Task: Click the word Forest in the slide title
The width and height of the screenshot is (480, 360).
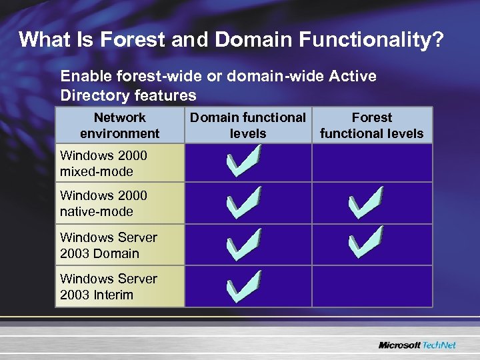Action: pos(135,40)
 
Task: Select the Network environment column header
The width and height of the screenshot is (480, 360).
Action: pos(119,125)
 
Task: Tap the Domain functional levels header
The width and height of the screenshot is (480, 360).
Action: pos(248,125)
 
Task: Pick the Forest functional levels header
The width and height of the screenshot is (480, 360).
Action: pos(371,125)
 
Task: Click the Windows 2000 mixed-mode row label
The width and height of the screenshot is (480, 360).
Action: pos(103,163)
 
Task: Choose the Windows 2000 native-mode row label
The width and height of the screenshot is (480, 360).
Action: pos(103,203)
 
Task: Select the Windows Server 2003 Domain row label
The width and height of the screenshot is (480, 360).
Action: pos(108,245)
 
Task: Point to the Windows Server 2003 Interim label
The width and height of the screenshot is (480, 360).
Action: pos(108,287)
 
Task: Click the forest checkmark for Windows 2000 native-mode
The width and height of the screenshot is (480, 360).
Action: pos(365,203)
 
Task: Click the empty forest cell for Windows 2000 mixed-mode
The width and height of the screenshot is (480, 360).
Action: pos(371,163)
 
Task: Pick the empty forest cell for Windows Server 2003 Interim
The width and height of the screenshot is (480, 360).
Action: pos(371,287)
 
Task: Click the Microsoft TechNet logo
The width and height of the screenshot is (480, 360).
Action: pos(417,345)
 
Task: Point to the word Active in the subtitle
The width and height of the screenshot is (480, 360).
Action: pos(353,76)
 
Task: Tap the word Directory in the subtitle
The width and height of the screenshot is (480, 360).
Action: pos(95,95)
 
